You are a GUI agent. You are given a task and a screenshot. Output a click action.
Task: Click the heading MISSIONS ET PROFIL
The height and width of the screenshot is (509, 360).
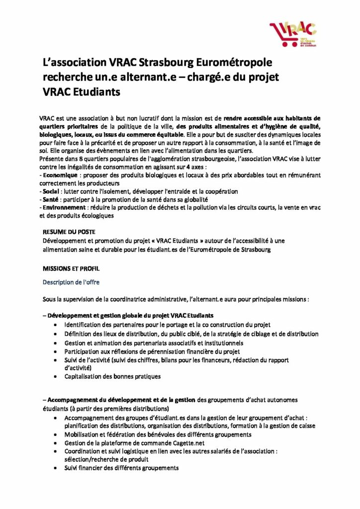click(x=71, y=268)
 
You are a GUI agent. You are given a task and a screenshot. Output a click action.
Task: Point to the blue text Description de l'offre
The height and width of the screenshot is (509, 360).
click(x=71, y=282)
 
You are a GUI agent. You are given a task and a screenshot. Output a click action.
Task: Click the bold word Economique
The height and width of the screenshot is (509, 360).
click(x=60, y=176)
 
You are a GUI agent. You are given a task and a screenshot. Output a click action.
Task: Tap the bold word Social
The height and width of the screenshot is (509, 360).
click(x=52, y=191)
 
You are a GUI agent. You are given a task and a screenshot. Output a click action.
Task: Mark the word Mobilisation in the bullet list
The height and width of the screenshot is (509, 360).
click(x=84, y=434)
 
